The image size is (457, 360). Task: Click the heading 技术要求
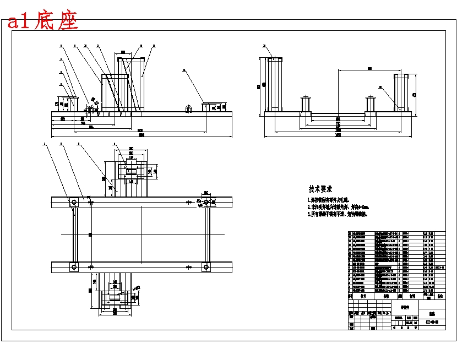[x=320, y=189]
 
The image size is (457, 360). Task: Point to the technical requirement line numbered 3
[x=337, y=214]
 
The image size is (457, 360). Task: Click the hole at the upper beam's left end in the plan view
[x=74, y=203]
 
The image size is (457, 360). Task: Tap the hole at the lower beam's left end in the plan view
[x=74, y=268]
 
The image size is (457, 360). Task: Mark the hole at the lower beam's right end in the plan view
[x=207, y=268]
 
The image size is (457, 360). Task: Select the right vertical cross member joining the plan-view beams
[x=208, y=235]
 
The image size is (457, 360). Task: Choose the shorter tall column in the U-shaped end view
[x=401, y=92]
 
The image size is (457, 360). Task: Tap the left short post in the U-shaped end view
[x=306, y=105]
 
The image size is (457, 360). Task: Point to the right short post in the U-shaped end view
[x=370, y=105]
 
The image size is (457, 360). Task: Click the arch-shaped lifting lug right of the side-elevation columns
[x=188, y=109]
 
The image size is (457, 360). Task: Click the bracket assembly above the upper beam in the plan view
[x=132, y=171]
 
